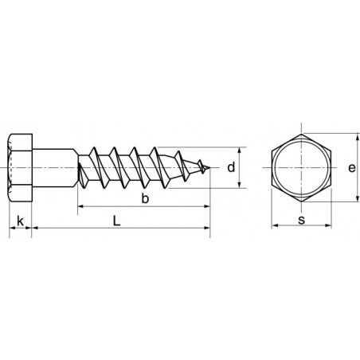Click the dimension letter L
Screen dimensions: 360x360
(118, 221)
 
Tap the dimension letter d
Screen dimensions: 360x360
(230, 167)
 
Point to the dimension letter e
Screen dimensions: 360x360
(352, 167)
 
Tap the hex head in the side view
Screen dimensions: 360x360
(21, 167)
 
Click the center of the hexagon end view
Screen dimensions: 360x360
(302, 167)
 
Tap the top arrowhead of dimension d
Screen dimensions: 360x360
(240, 151)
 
